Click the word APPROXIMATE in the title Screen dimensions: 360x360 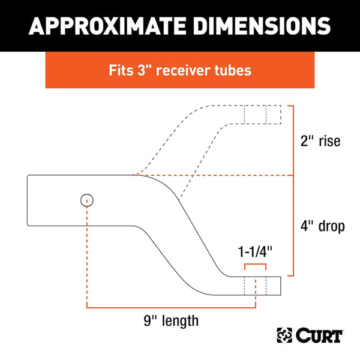coord(107,26)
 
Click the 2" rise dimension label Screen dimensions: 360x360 coord(320,140)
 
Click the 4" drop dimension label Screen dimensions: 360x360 coord(323,226)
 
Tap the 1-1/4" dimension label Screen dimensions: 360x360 coord(255,251)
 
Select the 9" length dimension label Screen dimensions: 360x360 coord(171,321)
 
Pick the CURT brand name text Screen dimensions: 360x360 coord(319,335)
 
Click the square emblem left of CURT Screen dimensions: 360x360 coord(284,335)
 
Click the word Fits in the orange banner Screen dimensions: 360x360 coord(121,70)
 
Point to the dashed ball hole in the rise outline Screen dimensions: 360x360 coord(255,115)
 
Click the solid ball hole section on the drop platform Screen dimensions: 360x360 coord(255,286)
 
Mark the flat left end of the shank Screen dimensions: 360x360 coord(28,200)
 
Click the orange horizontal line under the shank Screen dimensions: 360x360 coord(171,307)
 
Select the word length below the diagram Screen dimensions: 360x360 coord(180,321)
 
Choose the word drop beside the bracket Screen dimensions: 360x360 coord(332,226)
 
